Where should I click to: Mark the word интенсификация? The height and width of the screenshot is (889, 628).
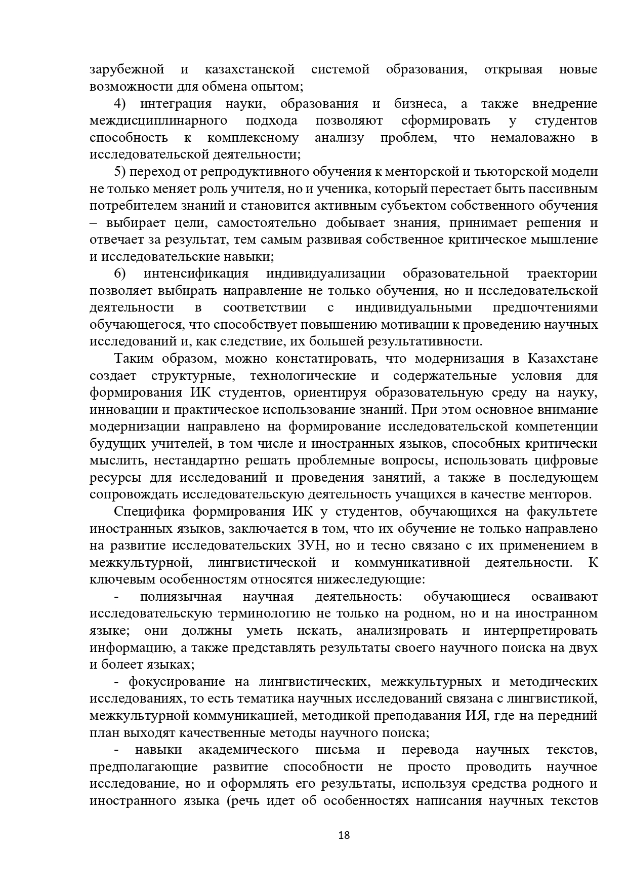click(x=196, y=274)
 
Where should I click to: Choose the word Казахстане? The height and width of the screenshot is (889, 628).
click(x=563, y=359)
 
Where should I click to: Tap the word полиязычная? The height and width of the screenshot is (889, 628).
click(x=181, y=597)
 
